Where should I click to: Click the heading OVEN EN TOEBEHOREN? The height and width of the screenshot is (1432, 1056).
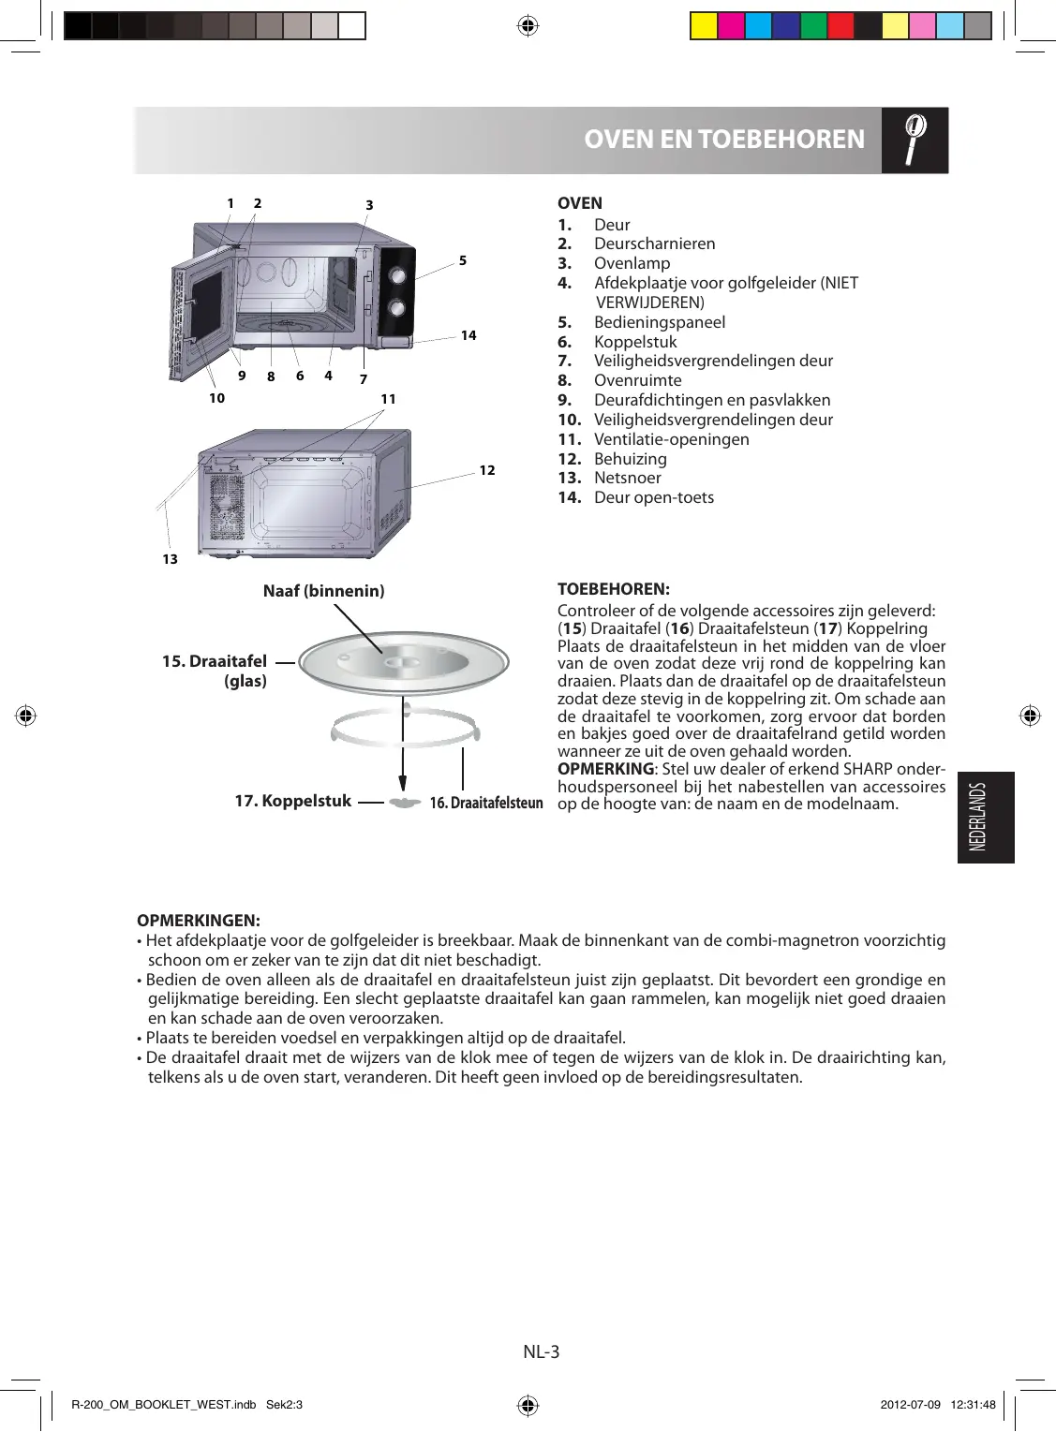coord(723,140)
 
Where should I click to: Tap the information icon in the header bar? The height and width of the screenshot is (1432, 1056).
coord(915,140)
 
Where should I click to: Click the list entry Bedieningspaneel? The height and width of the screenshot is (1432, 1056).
coord(659,322)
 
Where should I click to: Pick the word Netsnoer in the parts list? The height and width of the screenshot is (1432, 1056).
coord(627,478)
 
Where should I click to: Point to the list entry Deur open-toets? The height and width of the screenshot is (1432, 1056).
coord(653,497)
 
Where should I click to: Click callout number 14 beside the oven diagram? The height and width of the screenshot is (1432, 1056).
coord(469,335)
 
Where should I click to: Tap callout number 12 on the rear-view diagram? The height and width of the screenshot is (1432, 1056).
coord(487,470)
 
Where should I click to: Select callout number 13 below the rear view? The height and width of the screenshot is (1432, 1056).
coord(170,559)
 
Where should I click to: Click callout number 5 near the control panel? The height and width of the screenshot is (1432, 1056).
coord(463,260)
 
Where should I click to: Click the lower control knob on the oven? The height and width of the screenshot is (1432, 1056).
coord(397,307)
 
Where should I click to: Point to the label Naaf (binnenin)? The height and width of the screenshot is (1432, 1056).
coord(323,591)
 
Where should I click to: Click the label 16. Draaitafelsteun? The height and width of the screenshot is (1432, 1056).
coord(486,804)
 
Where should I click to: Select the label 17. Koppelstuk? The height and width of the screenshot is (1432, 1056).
coord(292,801)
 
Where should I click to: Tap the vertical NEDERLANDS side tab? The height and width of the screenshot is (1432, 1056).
coord(985,817)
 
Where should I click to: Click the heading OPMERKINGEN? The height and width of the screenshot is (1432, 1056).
coord(199,921)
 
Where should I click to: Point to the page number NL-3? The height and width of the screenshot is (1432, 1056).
coord(542,1351)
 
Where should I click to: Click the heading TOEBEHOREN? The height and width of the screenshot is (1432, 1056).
coord(613,589)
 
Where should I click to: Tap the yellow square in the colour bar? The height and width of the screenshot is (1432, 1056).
coord(704,25)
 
